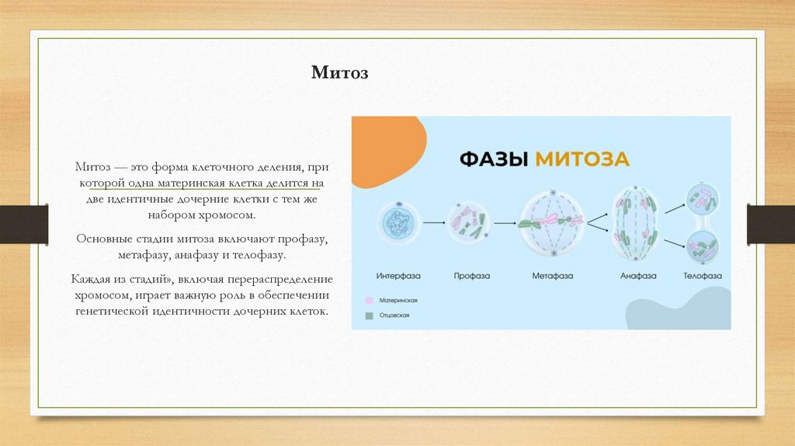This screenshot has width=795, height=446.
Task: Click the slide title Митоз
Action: (339, 73)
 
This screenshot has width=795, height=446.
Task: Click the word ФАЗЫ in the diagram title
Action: (492, 159)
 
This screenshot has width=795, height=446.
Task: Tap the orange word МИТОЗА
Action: (579, 159)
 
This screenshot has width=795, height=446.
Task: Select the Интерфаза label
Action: (399, 276)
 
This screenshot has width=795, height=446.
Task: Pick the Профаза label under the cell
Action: (470, 276)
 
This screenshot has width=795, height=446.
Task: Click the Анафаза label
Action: (637, 276)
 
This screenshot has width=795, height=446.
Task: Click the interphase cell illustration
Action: (400, 223)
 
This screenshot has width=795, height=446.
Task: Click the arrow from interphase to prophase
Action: (434, 223)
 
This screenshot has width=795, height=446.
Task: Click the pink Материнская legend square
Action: (370, 300)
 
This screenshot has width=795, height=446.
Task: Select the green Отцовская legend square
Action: (370, 315)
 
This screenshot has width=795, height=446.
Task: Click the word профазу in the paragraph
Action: (311, 238)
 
